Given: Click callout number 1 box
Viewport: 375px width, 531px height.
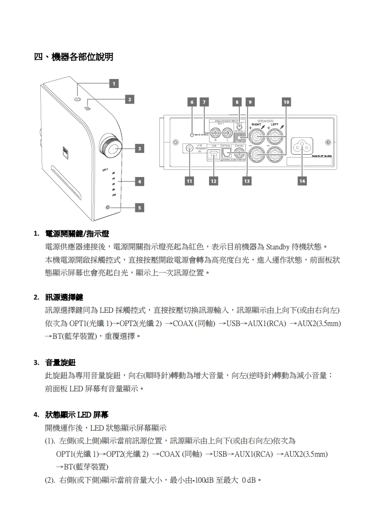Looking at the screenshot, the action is (x=113, y=84).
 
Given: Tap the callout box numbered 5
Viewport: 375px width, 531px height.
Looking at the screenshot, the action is (x=139, y=207).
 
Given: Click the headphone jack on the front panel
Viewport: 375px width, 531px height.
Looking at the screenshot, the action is (x=108, y=207).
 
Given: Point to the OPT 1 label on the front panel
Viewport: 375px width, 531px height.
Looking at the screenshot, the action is (x=105, y=169).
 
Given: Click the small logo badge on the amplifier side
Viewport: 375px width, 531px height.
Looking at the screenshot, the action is (x=66, y=151).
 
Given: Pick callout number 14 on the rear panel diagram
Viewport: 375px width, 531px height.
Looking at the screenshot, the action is (x=302, y=180).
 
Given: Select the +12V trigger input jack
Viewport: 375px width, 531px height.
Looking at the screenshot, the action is (x=190, y=148).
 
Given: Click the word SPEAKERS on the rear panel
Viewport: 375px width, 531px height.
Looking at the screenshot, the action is (x=265, y=121).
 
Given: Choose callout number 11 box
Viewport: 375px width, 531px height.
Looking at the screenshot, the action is (x=190, y=180).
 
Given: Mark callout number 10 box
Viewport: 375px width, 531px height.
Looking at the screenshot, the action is (x=286, y=102).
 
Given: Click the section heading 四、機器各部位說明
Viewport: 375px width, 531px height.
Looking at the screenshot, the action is (x=73, y=57).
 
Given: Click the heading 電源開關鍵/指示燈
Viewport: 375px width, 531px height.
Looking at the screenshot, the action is (x=77, y=234).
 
